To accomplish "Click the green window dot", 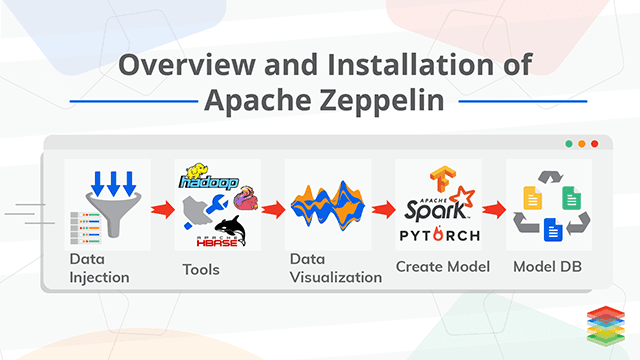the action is [x=568, y=144].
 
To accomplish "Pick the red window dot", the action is [x=594, y=144].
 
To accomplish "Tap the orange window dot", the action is [x=581, y=144].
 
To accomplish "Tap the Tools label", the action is [x=201, y=269].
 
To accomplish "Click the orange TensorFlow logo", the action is [x=438, y=178].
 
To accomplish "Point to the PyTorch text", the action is [x=438, y=236].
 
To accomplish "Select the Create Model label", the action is [x=442, y=267].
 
